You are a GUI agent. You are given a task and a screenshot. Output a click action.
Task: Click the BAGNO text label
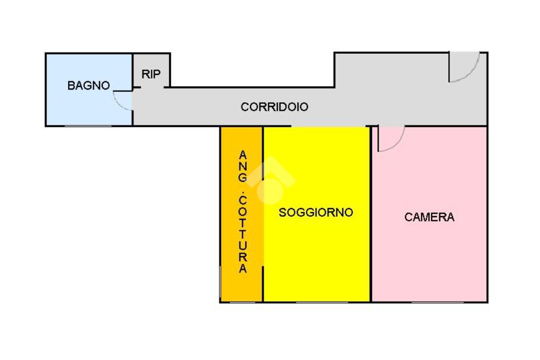pos(89,85)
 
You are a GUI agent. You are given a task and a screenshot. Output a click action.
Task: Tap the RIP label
pos(151,74)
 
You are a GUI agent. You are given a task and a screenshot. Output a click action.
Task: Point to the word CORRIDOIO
pos(274,107)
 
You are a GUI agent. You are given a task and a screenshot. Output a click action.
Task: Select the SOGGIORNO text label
pos(316,213)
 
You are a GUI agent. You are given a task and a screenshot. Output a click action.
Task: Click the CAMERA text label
pos(429,217)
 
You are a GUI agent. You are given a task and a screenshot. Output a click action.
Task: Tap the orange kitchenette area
pos(232,285)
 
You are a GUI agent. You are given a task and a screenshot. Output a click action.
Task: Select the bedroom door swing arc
pos(392,140)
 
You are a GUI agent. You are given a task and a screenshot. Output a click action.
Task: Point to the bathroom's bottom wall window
pos(88,126)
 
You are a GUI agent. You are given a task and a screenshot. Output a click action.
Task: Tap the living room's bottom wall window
pos(322,302)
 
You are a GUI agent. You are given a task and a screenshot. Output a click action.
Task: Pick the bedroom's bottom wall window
pos(438,302)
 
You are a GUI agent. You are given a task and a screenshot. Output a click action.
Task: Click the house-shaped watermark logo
pos(270,179)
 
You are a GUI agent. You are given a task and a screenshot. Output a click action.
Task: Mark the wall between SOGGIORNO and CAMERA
pos(371,221)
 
